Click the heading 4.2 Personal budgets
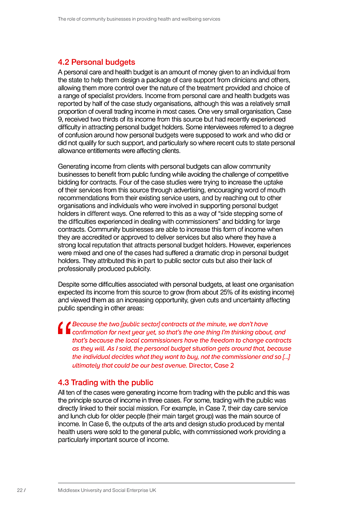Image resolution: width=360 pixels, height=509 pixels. [96, 62]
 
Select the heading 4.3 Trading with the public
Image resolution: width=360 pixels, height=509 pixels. [105, 383]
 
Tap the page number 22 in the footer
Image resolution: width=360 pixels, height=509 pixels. [20, 491]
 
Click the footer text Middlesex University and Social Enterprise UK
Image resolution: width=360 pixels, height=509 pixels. [107, 491]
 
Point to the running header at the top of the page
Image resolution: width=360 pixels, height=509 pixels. [139, 19]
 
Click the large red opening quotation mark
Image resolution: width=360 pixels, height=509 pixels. [64, 329]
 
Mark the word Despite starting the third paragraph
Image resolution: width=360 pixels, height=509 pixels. [69, 284]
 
